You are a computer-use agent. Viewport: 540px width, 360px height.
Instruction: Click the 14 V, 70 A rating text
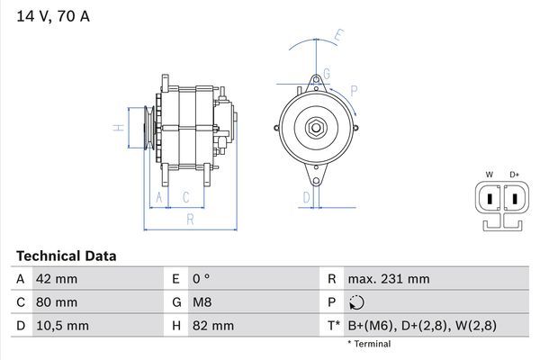[53, 16]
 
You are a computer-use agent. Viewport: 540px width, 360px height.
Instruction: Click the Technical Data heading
[67, 256]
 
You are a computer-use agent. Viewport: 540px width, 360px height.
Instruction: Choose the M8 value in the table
[202, 302]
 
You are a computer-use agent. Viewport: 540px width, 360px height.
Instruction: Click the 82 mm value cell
[213, 326]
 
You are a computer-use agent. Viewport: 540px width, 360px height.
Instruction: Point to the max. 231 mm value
[389, 279]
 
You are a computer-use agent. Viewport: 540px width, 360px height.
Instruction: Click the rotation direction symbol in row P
[356, 302]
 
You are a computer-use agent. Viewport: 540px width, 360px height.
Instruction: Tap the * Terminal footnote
[369, 344]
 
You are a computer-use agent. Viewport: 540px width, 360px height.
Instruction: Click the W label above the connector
[490, 175]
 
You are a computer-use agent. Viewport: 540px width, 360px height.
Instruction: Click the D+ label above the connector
[515, 175]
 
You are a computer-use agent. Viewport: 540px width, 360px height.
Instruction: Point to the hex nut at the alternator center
[316, 128]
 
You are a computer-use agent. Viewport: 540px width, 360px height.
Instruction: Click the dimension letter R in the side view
[190, 219]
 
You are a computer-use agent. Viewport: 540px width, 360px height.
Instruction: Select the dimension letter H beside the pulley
[119, 128]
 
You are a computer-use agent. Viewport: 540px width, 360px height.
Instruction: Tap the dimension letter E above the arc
[339, 35]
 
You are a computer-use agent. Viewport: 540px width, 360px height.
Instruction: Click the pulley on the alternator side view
[149, 128]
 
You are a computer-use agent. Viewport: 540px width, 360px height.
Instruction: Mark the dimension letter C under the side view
[186, 197]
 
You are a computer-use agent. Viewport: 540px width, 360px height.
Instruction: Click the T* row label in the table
[334, 326]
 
